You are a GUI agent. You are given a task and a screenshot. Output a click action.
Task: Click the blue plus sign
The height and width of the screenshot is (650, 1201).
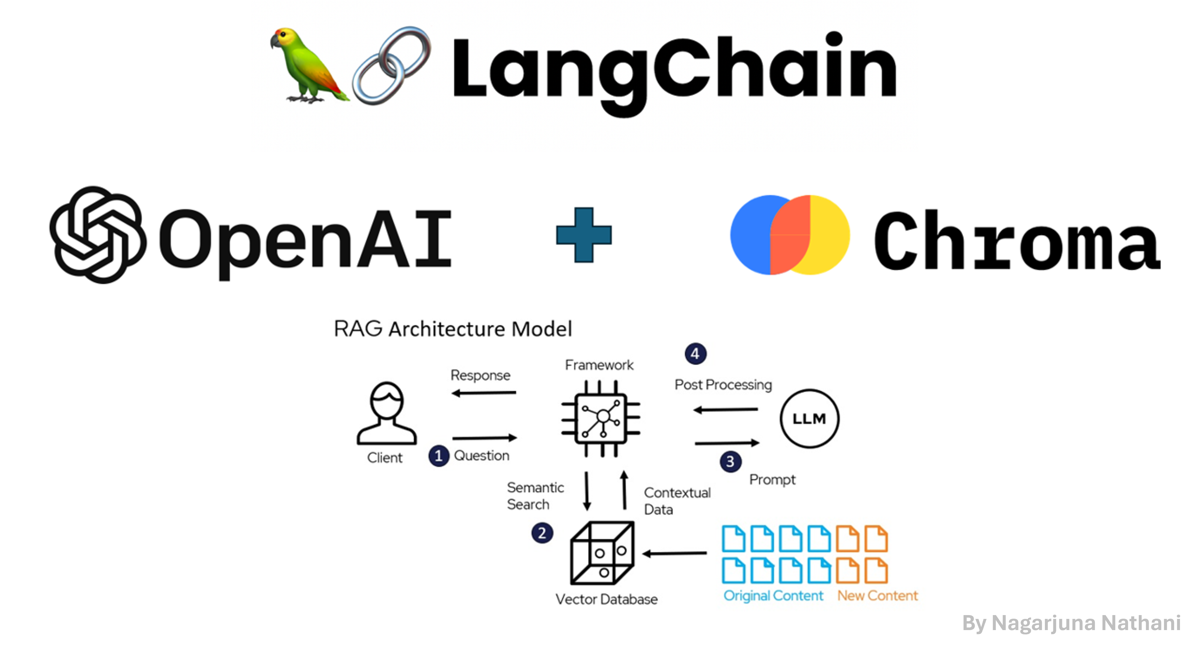pos(584,235)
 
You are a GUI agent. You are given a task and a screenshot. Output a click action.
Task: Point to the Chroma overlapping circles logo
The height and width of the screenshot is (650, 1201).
pos(790,235)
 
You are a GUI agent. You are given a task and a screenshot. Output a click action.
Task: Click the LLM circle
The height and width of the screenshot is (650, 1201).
pos(809,418)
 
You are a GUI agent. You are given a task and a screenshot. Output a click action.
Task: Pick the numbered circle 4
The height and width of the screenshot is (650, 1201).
pos(695,354)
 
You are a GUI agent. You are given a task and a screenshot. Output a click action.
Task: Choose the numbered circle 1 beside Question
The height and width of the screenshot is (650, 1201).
pos(438,456)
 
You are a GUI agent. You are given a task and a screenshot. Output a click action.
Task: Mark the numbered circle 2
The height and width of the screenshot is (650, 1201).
pos(542,533)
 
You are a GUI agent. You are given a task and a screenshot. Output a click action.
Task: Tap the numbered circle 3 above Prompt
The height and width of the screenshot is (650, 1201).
pos(730,462)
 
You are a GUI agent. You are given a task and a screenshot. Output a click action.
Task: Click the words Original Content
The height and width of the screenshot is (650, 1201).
pos(773,595)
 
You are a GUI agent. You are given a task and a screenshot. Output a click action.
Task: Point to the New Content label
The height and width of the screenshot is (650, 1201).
pos(878,595)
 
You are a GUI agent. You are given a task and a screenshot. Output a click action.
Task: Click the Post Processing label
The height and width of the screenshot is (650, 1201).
pos(723,385)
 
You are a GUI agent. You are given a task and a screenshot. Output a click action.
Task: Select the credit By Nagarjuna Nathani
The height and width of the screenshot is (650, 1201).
pos(1071,623)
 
